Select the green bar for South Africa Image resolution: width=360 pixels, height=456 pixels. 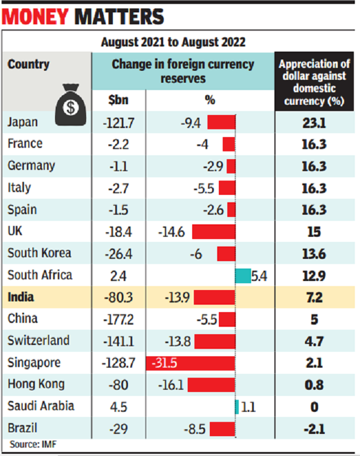(243, 275)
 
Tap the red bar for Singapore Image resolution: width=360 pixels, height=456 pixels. (190, 363)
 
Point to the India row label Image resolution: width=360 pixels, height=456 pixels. (21, 297)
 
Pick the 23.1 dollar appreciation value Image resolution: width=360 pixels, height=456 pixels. (314, 122)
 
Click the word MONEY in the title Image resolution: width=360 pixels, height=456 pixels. (36, 16)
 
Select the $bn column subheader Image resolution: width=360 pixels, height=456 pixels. (118, 100)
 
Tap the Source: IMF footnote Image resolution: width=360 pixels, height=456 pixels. (33, 444)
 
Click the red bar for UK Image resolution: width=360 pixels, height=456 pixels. (214, 232)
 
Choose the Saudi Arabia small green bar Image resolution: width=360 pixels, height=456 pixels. (237, 407)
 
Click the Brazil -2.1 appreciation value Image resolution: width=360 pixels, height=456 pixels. (314, 429)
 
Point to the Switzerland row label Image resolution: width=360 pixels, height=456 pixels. (39, 341)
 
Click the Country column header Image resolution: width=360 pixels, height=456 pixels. (29, 64)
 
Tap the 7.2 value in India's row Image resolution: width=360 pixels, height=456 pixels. (314, 297)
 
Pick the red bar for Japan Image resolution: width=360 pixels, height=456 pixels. (221, 122)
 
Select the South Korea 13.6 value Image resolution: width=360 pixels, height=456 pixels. (314, 253)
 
